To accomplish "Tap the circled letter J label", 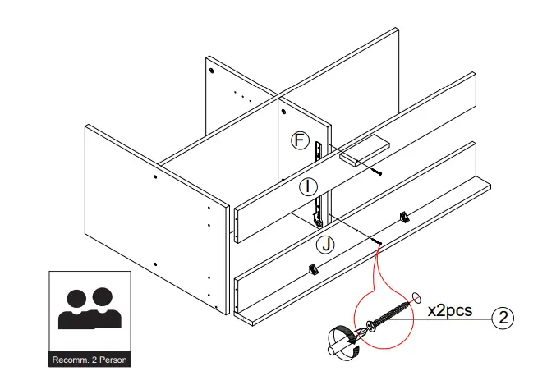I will pyautogui.click(x=326, y=243).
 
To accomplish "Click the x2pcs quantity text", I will pyautogui.click(x=452, y=311).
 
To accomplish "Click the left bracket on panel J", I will pyautogui.click(x=313, y=268).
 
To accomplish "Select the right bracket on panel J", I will pyautogui.click(x=403, y=216).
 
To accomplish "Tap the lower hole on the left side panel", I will pyautogui.click(x=155, y=264).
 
